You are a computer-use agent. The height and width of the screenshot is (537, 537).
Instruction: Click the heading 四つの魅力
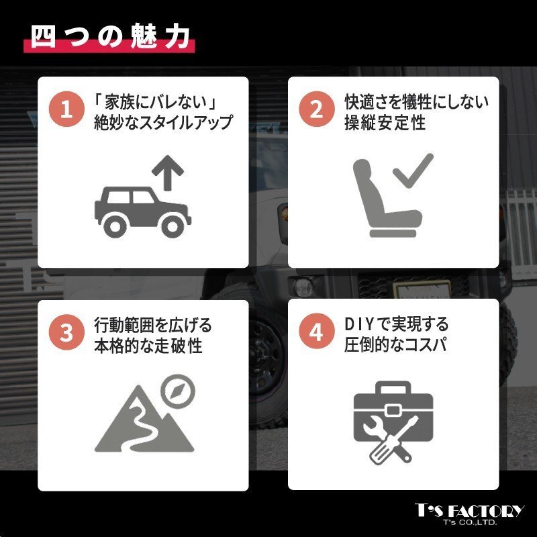click(x=110, y=36)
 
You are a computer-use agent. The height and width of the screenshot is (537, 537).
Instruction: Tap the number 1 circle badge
click(x=66, y=109)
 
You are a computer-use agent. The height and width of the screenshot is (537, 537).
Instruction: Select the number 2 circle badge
click(x=317, y=109)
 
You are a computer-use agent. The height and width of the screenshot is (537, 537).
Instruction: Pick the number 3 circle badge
click(x=66, y=332)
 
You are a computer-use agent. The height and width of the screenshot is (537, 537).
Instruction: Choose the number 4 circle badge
click(x=317, y=331)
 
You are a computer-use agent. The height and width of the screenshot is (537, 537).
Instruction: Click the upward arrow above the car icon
click(x=167, y=173)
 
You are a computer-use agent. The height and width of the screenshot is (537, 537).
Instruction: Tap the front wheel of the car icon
click(x=172, y=226)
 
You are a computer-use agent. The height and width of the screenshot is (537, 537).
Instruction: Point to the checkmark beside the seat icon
click(x=413, y=170)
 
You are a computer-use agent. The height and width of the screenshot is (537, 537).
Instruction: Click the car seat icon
click(x=387, y=198)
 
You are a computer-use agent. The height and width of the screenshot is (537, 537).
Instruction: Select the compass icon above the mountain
click(x=178, y=391)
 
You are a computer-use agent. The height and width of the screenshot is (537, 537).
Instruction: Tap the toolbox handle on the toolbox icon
click(x=393, y=388)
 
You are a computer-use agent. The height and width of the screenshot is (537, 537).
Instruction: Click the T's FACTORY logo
click(x=469, y=511)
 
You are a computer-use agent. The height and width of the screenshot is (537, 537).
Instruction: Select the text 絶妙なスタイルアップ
click(x=164, y=123)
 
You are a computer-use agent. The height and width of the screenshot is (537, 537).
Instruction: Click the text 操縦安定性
click(x=385, y=123)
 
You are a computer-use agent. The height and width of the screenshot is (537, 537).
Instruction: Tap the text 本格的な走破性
click(x=148, y=346)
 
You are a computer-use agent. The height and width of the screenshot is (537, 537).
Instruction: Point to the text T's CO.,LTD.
click(x=470, y=523)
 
